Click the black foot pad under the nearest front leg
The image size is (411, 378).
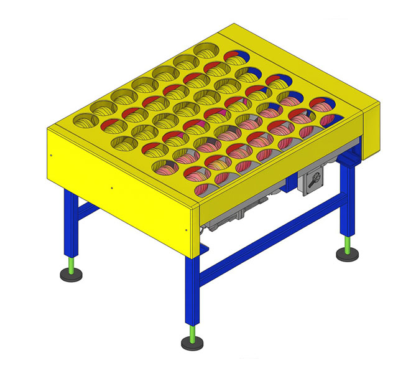click(193, 343)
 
